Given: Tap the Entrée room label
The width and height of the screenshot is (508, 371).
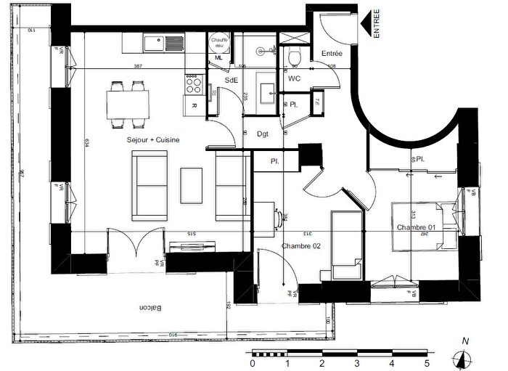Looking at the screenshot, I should pos(332,53).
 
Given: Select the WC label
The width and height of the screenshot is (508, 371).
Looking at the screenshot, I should pos(295,78).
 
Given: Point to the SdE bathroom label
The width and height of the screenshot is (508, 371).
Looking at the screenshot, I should pos(232,81).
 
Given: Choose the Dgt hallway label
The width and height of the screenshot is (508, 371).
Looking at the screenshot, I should pos(263,134).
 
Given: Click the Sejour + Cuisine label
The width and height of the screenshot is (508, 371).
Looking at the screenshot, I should pos(153,139).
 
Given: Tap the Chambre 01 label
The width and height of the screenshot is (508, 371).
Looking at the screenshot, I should pos(416,228).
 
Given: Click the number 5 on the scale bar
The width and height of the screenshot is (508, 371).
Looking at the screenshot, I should pos(427,363).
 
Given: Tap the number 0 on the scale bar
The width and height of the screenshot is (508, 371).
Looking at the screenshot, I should pos(252,363).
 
